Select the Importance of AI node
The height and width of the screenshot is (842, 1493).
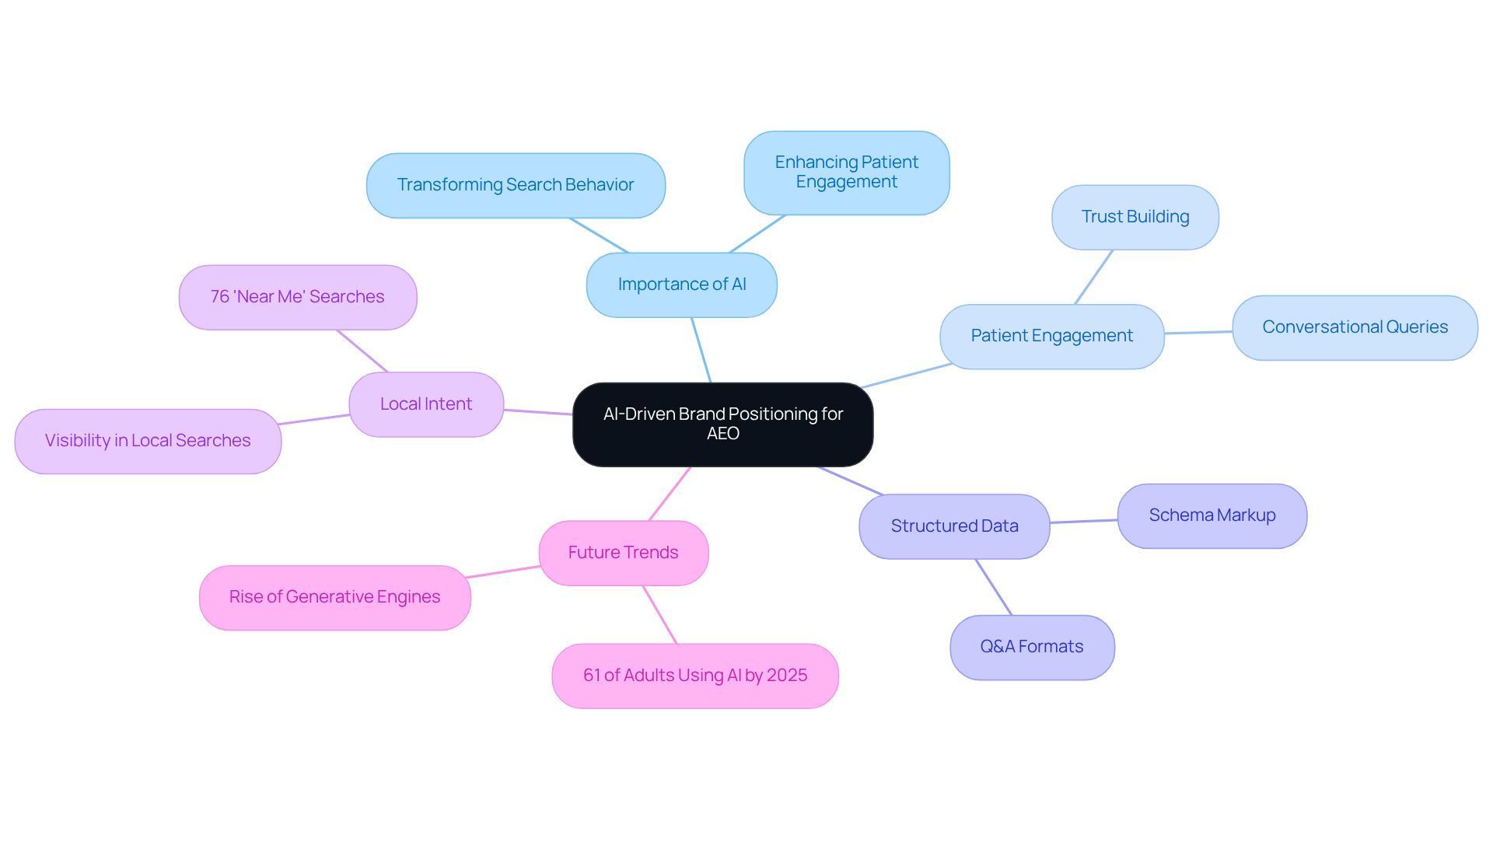[x=681, y=285]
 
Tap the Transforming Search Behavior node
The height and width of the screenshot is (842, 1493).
[x=516, y=185]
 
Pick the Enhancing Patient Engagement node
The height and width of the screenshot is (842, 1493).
[x=846, y=173]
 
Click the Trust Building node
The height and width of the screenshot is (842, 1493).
[x=1135, y=217]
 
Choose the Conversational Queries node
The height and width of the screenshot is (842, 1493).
[x=1355, y=327]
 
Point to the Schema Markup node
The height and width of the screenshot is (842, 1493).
[x=1212, y=515]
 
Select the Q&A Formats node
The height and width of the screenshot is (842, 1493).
[x=1031, y=647]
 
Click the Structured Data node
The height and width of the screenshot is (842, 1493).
[x=954, y=526]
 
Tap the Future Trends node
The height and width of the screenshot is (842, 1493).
[x=623, y=553]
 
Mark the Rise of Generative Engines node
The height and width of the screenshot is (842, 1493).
[x=334, y=597]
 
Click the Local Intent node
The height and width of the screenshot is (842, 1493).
[x=426, y=404]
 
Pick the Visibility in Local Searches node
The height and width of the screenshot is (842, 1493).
[x=148, y=441]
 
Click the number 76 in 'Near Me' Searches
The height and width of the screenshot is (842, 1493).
[x=220, y=297]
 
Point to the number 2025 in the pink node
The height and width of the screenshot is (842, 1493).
[x=787, y=676]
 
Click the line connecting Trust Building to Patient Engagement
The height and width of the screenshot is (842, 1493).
[x=1094, y=277]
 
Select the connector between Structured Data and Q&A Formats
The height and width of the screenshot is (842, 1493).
[x=994, y=587]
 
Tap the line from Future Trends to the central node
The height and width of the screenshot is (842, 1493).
[x=670, y=494]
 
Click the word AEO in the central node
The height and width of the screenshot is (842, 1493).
[x=722, y=434]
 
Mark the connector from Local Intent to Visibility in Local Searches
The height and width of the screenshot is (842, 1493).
[x=314, y=420]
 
